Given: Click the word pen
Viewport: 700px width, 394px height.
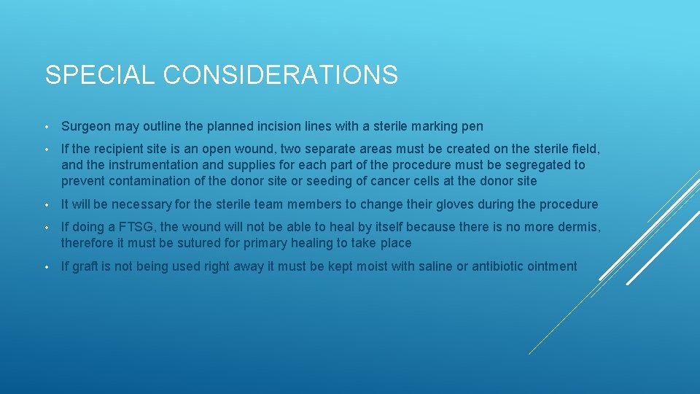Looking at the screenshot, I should pyautogui.click(x=472, y=126).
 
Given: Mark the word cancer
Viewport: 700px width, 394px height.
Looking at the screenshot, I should pyautogui.click(x=376, y=180).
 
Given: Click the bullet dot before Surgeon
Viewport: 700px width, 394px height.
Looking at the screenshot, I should pyautogui.click(x=47, y=127).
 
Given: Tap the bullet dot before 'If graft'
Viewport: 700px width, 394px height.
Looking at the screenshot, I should pyautogui.click(x=47, y=267).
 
